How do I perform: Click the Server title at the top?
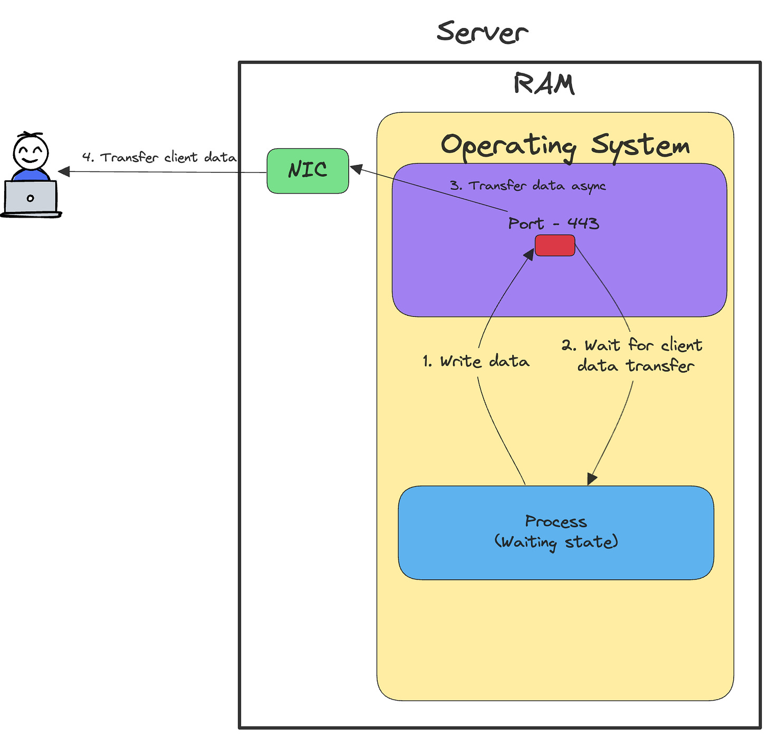tap(482, 32)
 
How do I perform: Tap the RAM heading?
tap(544, 84)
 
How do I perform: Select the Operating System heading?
tap(565, 147)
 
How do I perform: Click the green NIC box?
tap(308, 171)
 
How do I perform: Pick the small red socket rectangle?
tap(554, 245)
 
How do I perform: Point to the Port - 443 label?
tap(553, 223)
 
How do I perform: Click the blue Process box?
tap(555, 532)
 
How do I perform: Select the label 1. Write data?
tap(476, 361)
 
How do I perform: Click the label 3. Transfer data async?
tap(527, 186)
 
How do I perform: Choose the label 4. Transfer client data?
tap(159, 158)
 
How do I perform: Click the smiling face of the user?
tap(31, 153)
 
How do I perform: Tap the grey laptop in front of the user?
tap(31, 199)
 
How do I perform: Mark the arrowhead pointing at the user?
tap(64, 171)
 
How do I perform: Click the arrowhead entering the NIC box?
tap(357, 169)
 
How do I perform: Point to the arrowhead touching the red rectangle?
tap(529, 254)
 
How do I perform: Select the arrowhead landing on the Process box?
tap(592, 479)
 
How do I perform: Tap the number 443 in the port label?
tap(583, 224)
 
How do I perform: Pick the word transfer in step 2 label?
tap(660, 366)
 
